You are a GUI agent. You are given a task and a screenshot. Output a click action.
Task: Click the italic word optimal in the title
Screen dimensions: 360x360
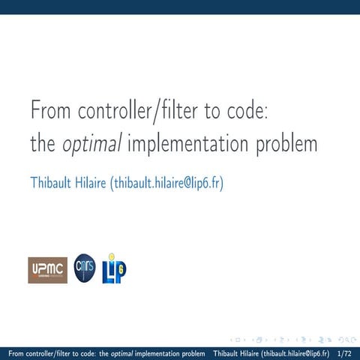pos(90,143)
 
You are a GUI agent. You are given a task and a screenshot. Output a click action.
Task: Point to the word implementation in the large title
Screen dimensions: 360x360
pos(189,143)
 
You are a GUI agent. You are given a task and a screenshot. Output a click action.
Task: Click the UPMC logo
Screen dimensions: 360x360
pos(48,270)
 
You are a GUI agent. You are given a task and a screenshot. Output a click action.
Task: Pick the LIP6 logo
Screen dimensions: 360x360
pos(114,268)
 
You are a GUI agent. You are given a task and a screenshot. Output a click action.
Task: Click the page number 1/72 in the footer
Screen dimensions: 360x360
pos(345,352)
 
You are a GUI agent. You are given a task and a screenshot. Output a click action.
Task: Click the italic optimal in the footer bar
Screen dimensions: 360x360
pos(123,352)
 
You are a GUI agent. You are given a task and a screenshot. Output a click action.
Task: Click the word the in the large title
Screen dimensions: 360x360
pos(41,143)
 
